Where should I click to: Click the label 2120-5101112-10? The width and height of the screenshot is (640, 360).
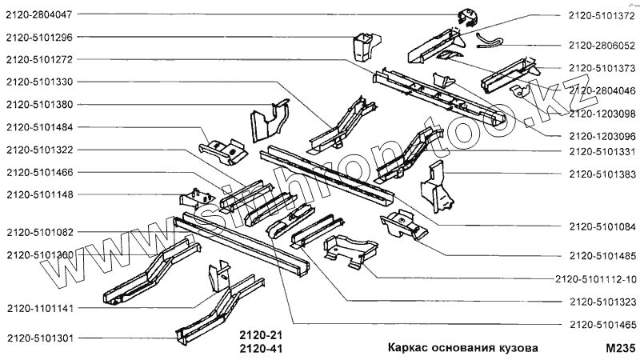[x=595, y=279]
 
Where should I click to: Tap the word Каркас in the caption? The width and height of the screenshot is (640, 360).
[x=408, y=348]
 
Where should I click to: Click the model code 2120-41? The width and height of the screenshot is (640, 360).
[x=262, y=349]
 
